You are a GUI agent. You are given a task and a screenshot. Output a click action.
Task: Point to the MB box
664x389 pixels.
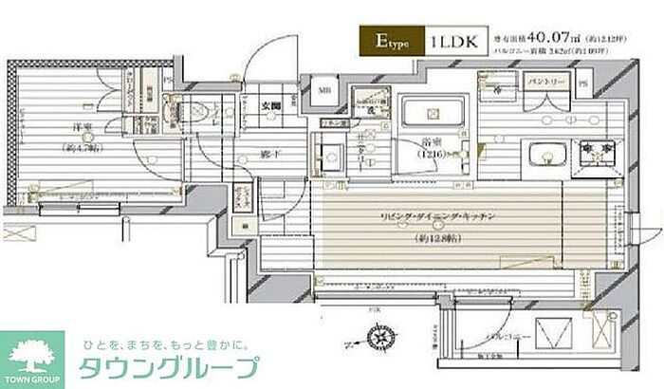pyautogui.click(x=324, y=92)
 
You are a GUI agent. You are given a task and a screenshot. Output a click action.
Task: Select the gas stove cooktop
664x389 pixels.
pyautogui.click(x=593, y=151)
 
